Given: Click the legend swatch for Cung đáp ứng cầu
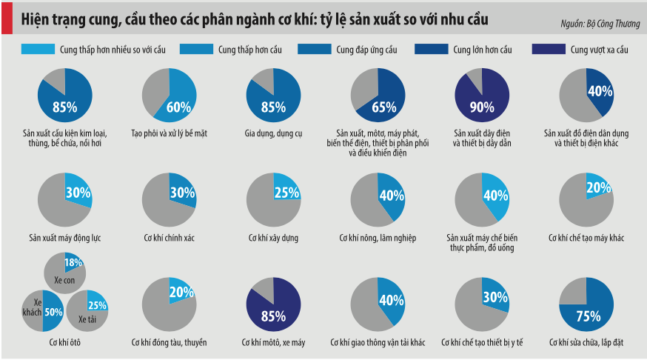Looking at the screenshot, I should [x=314, y=50].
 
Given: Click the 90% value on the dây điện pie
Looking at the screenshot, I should [x=482, y=107].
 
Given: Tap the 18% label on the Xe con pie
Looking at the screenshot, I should [x=73, y=263].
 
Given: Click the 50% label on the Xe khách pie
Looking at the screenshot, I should [x=53, y=313].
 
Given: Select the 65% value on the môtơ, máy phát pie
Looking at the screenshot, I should [x=383, y=107].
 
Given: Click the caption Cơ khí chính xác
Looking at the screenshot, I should [x=169, y=238].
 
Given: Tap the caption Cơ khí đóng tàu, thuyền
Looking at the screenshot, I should [x=169, y=342].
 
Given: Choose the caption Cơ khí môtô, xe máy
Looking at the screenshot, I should [x=273, y=342].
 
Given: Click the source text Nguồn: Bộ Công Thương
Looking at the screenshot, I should [x=600, y=24].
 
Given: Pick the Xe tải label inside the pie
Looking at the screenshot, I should [x=87, y=319].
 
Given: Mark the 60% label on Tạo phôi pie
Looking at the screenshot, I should [x=178, y=107].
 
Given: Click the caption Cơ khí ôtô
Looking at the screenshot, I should [x=64, y=342].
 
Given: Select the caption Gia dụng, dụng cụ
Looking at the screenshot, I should [x=273, y=133].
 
